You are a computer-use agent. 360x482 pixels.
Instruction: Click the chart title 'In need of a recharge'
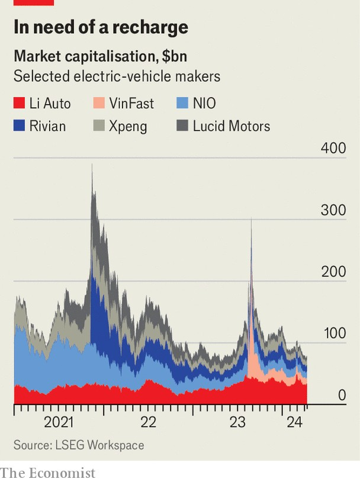(x=101, y=27)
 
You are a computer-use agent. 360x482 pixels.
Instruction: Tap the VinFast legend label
(x=131, y=104)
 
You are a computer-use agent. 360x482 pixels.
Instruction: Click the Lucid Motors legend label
(x=232, y=126)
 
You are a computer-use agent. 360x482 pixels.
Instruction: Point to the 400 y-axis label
(x=333, y=148)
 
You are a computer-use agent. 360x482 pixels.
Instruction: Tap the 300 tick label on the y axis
(x=333, y=210)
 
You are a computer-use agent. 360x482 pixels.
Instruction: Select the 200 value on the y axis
(x=333, y=272)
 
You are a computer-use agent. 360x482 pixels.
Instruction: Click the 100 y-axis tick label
(x=333, y=333)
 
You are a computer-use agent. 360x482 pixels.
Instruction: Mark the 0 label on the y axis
(x=342, y=395)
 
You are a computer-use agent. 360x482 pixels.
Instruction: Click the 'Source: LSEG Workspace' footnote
(x=79, y=445)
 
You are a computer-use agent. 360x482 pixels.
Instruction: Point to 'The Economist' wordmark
(x=48, y=473)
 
